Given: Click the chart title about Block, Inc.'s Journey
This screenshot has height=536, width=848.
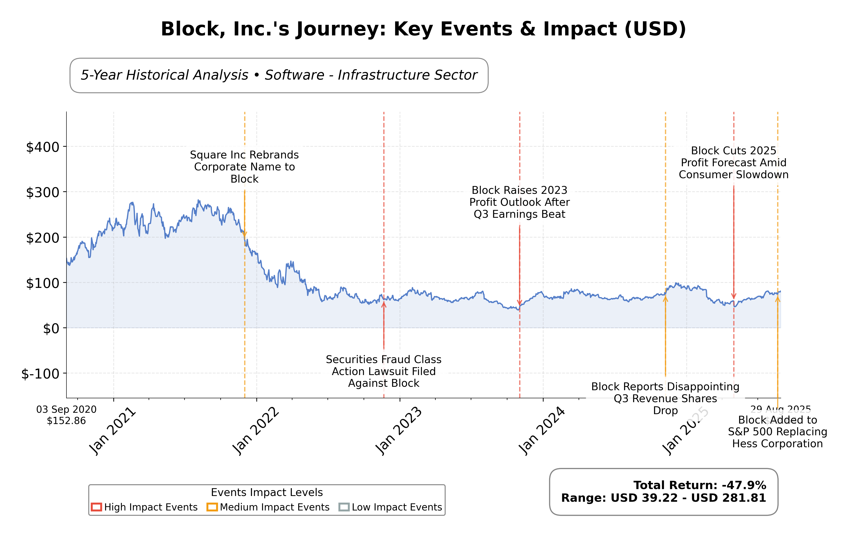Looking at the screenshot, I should (x=423, y=29).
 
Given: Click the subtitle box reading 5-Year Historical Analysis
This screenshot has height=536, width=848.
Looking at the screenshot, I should (x=279, y=75).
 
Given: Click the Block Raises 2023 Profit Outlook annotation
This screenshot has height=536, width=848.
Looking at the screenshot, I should (x=519, y=202).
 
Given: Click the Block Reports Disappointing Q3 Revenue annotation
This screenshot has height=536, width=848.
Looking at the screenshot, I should (x=665, y=398).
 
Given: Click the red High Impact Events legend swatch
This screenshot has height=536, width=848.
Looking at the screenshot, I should (x=96, y=507).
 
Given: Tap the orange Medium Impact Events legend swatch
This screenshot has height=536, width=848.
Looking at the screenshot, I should (x=212, y=507).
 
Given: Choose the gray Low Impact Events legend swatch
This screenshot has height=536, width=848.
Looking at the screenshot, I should (x=344, y=507).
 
